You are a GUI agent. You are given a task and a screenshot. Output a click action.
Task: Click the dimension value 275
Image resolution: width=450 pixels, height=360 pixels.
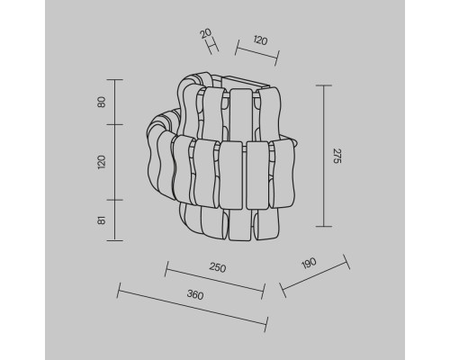point(337,156)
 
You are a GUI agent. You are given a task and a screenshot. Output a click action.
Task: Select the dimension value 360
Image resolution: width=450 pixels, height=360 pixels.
point(195,294)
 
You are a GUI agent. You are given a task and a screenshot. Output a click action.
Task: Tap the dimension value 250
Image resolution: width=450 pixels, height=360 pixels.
point(218,267)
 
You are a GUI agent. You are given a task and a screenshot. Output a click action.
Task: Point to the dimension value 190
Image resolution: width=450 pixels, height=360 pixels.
point(309,263)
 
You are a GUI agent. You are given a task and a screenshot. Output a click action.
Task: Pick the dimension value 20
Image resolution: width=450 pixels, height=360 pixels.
point(206,33)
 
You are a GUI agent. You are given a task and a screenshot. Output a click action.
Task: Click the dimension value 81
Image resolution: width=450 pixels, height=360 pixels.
point(102,220)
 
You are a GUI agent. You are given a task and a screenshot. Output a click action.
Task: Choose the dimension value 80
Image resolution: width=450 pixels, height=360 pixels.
point(102,102)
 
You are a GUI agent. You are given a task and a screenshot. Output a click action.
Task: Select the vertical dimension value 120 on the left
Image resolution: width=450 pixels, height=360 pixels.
point(102,162)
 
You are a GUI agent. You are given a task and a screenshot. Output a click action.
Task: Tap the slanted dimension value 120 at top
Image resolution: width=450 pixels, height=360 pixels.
point(260,40)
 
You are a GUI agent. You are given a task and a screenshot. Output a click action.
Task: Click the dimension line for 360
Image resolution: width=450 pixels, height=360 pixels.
point(193,307)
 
